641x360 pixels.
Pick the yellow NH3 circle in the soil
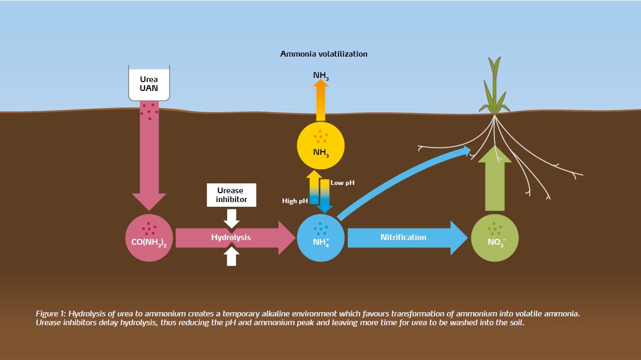click(x=320, y=145)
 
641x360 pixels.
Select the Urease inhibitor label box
click(x=231, y=195)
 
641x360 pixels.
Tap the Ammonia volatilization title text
click(x=323, y=54)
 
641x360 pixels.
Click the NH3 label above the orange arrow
click(x=321, y=76)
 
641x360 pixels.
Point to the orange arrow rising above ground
click(x=321, y=101)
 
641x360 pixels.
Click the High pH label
click(x=295, y=201)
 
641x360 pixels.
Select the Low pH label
click(x=343, y=183)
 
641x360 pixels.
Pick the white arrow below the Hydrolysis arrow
click(x=231, y=257)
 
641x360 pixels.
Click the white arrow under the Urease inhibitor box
click(x=231, y=218)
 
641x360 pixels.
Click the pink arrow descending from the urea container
click(x=149, y=156)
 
